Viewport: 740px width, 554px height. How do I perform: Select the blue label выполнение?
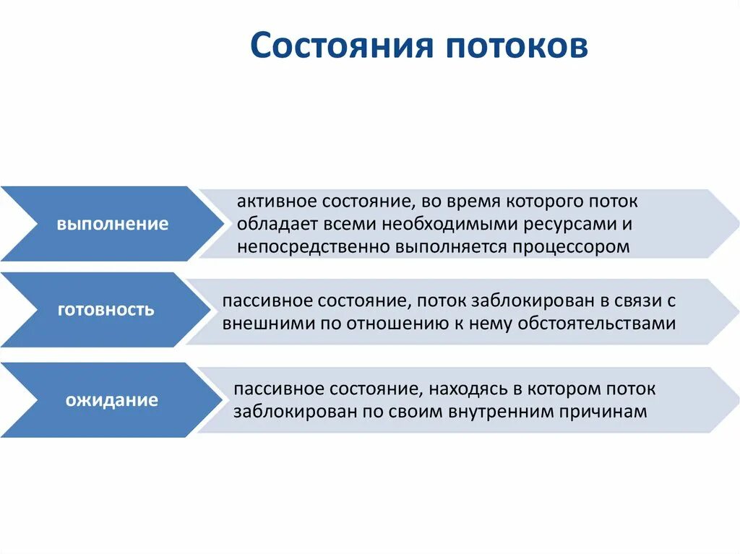(113, 224)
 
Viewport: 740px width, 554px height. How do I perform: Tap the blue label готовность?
(106, 310)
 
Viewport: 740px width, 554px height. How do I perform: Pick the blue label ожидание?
(112, 399)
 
